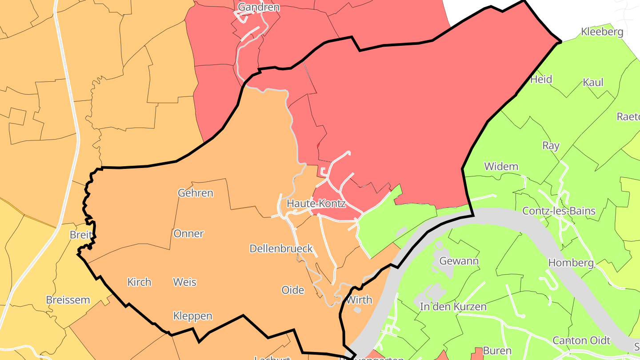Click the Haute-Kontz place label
316,204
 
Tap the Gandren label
259,7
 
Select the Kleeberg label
602,32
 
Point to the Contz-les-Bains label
559,211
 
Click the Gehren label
196,193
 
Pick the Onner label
189,234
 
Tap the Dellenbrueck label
281,248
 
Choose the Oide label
293,290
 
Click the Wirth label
359,300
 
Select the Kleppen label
192,316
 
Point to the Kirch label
139,282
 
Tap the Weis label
184,282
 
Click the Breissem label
68,300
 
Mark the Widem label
501,167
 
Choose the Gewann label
459,261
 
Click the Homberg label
571,263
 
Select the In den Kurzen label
453,307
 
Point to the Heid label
541,80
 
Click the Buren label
497,351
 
